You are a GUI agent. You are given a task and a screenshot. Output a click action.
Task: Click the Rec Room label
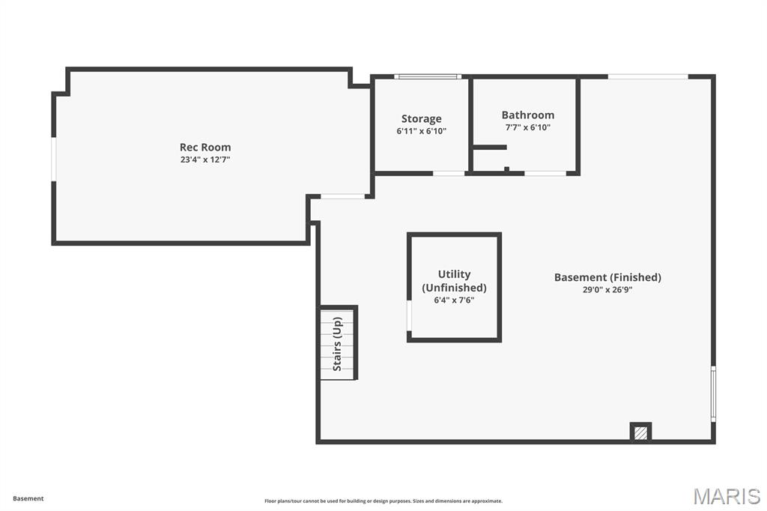tap(205, 147)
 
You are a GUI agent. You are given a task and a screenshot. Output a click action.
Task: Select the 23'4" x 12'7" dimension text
tap(205, 160)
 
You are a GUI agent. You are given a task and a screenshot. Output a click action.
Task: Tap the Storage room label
tap(421, 119)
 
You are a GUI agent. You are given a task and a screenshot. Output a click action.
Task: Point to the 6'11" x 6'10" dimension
tap(421, 131)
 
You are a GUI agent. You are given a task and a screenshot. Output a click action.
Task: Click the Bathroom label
tap(528, 115)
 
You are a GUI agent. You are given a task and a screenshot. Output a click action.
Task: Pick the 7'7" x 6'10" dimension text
tap(528, 127)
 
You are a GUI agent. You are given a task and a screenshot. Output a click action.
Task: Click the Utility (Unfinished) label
tap(454, 280)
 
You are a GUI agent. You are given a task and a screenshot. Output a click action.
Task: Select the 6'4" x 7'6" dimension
tap(454, 300)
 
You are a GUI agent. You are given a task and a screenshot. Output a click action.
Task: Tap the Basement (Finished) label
tap(607, 277)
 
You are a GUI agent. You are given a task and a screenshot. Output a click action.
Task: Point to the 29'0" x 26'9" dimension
tap(607, 290)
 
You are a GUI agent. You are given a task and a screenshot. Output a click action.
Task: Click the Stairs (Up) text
tap(337, 344)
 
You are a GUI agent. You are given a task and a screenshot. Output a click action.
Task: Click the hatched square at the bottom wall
tap(640, 432)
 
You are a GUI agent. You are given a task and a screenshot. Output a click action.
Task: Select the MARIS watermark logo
tap(727, 496)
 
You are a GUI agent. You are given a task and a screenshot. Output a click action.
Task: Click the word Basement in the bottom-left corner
tap(28, 498)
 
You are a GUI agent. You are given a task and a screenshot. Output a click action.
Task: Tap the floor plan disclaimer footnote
tap(383, 501)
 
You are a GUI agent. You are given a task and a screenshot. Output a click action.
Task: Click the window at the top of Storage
tap(428, 76)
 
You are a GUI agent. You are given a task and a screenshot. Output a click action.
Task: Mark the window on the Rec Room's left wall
tap(54, 160)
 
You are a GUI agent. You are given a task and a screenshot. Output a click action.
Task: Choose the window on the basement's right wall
tap(713, 393)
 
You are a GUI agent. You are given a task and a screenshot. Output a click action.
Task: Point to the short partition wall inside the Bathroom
tap(490, 147)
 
